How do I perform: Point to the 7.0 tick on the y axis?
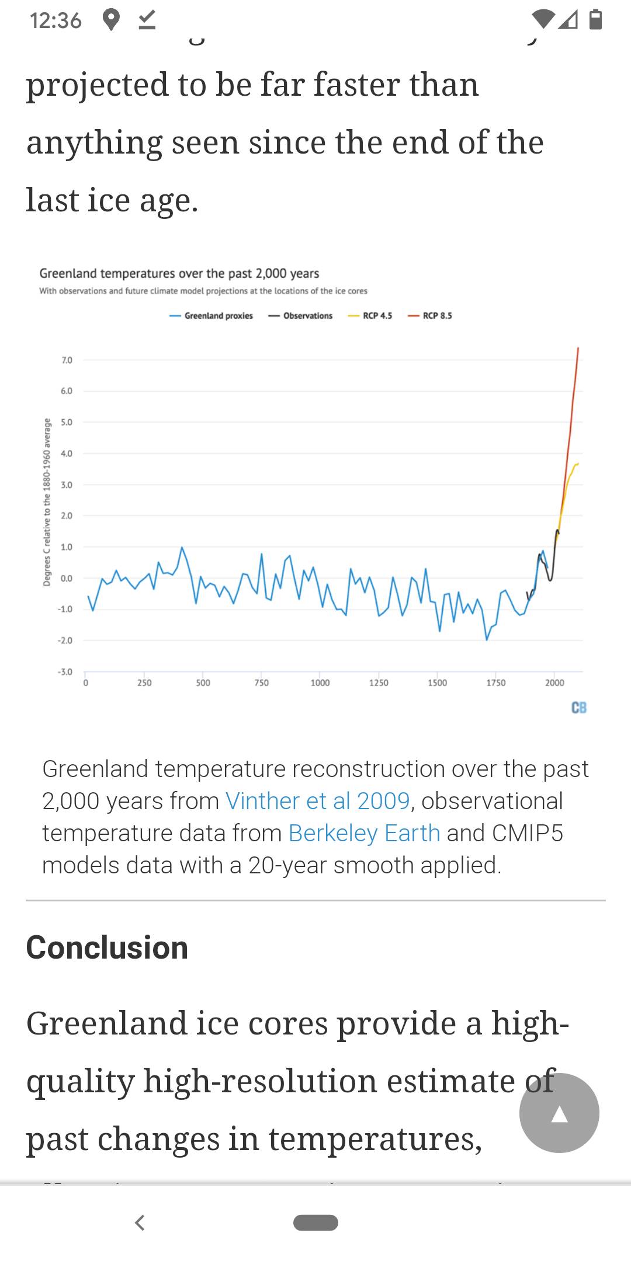point(67,360)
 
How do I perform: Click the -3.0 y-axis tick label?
point(65,672)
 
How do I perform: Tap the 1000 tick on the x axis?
point(320,683)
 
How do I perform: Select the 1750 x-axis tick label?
point(496,683)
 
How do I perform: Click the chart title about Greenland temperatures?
point(179,273)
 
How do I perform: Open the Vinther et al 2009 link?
point(317,801)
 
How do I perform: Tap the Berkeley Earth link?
point(364,833)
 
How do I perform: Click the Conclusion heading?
point(107,948)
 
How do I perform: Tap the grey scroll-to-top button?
point(559,1113)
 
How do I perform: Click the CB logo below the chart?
point(579,708)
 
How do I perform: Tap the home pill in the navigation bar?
point(315,1222)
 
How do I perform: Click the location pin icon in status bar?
point(111,20)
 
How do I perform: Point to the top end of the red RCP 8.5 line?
point(578,349)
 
